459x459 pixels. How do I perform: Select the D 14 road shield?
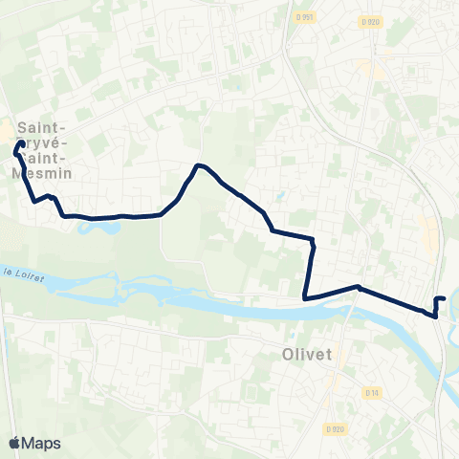click(372, 391)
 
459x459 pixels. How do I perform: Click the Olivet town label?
click(308, 354)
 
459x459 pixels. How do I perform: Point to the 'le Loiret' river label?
click(20, 271)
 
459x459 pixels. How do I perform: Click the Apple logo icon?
click(15, 442)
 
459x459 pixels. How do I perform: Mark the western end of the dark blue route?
click(21, 144)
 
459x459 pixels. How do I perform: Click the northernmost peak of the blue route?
click(198, 166)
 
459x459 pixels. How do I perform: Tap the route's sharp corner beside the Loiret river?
click(305, 297)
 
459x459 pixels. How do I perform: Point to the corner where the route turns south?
click(313, 239)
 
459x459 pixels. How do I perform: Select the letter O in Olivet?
click(289, 354)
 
